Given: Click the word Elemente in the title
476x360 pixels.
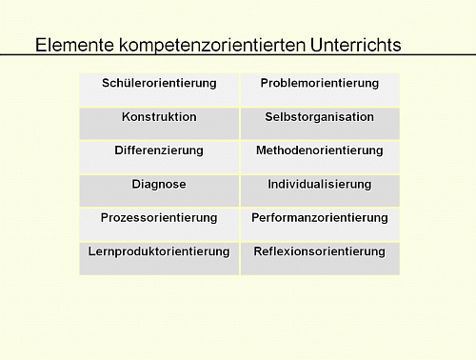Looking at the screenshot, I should point(70,45).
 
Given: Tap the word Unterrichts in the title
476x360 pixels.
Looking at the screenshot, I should point(352,45).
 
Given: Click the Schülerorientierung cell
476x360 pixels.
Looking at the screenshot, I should point(159,84).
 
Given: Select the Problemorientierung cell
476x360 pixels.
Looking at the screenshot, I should point(320,84).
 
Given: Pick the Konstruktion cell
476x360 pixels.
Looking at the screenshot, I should point(159,117).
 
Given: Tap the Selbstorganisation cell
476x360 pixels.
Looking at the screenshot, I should point(320,117).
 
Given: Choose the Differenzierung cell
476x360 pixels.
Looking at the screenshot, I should point(159,150).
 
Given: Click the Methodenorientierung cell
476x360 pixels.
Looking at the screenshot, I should point(320,150).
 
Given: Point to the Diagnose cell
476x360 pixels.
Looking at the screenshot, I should point(159,184).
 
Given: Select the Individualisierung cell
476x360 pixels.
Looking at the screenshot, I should point(320,184).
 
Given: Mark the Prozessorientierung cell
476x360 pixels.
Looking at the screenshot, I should point(159,218).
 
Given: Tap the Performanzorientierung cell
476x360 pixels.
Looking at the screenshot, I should point(320,218).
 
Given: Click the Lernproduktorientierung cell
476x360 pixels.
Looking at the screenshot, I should point(159,251).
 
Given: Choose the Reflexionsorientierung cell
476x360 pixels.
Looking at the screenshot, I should point(320,251).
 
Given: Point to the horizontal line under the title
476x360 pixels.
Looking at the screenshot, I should point(238,55).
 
